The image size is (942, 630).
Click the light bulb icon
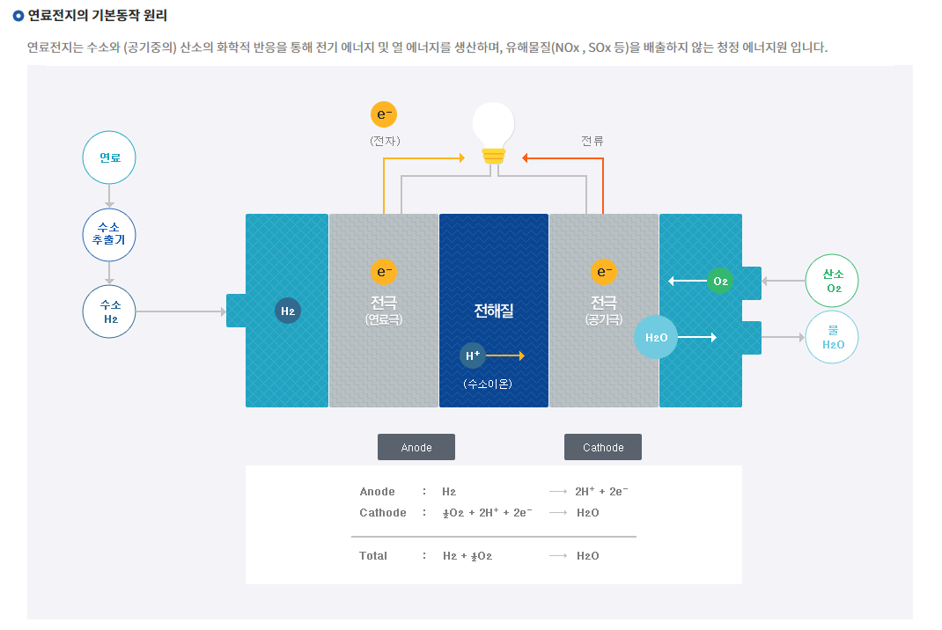(493, 132)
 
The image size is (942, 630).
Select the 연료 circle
(109, 158)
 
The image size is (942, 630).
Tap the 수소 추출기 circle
(109, 235)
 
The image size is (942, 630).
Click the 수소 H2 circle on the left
(109, 311)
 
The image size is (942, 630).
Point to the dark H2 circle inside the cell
(288, 311)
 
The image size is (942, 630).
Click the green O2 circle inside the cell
(720, 281)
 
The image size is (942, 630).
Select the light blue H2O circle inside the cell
(656, 337)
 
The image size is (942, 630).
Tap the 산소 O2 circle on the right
(832, 281)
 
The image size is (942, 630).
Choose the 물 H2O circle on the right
(832, 337)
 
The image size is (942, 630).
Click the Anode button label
(416, 447)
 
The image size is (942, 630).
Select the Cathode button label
(603, 447)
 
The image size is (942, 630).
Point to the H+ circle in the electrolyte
(473, 355)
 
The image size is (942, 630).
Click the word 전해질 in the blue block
(493, 310)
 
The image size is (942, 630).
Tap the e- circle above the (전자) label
(384, 114)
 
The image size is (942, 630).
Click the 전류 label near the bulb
(592, 141)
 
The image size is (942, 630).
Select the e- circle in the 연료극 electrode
(384, 272)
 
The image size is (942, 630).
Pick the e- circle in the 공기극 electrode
(604, 272)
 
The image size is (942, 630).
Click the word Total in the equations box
(373, 556)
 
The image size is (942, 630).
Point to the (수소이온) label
(488, 384)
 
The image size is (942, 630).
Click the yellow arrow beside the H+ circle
(505, 355)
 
